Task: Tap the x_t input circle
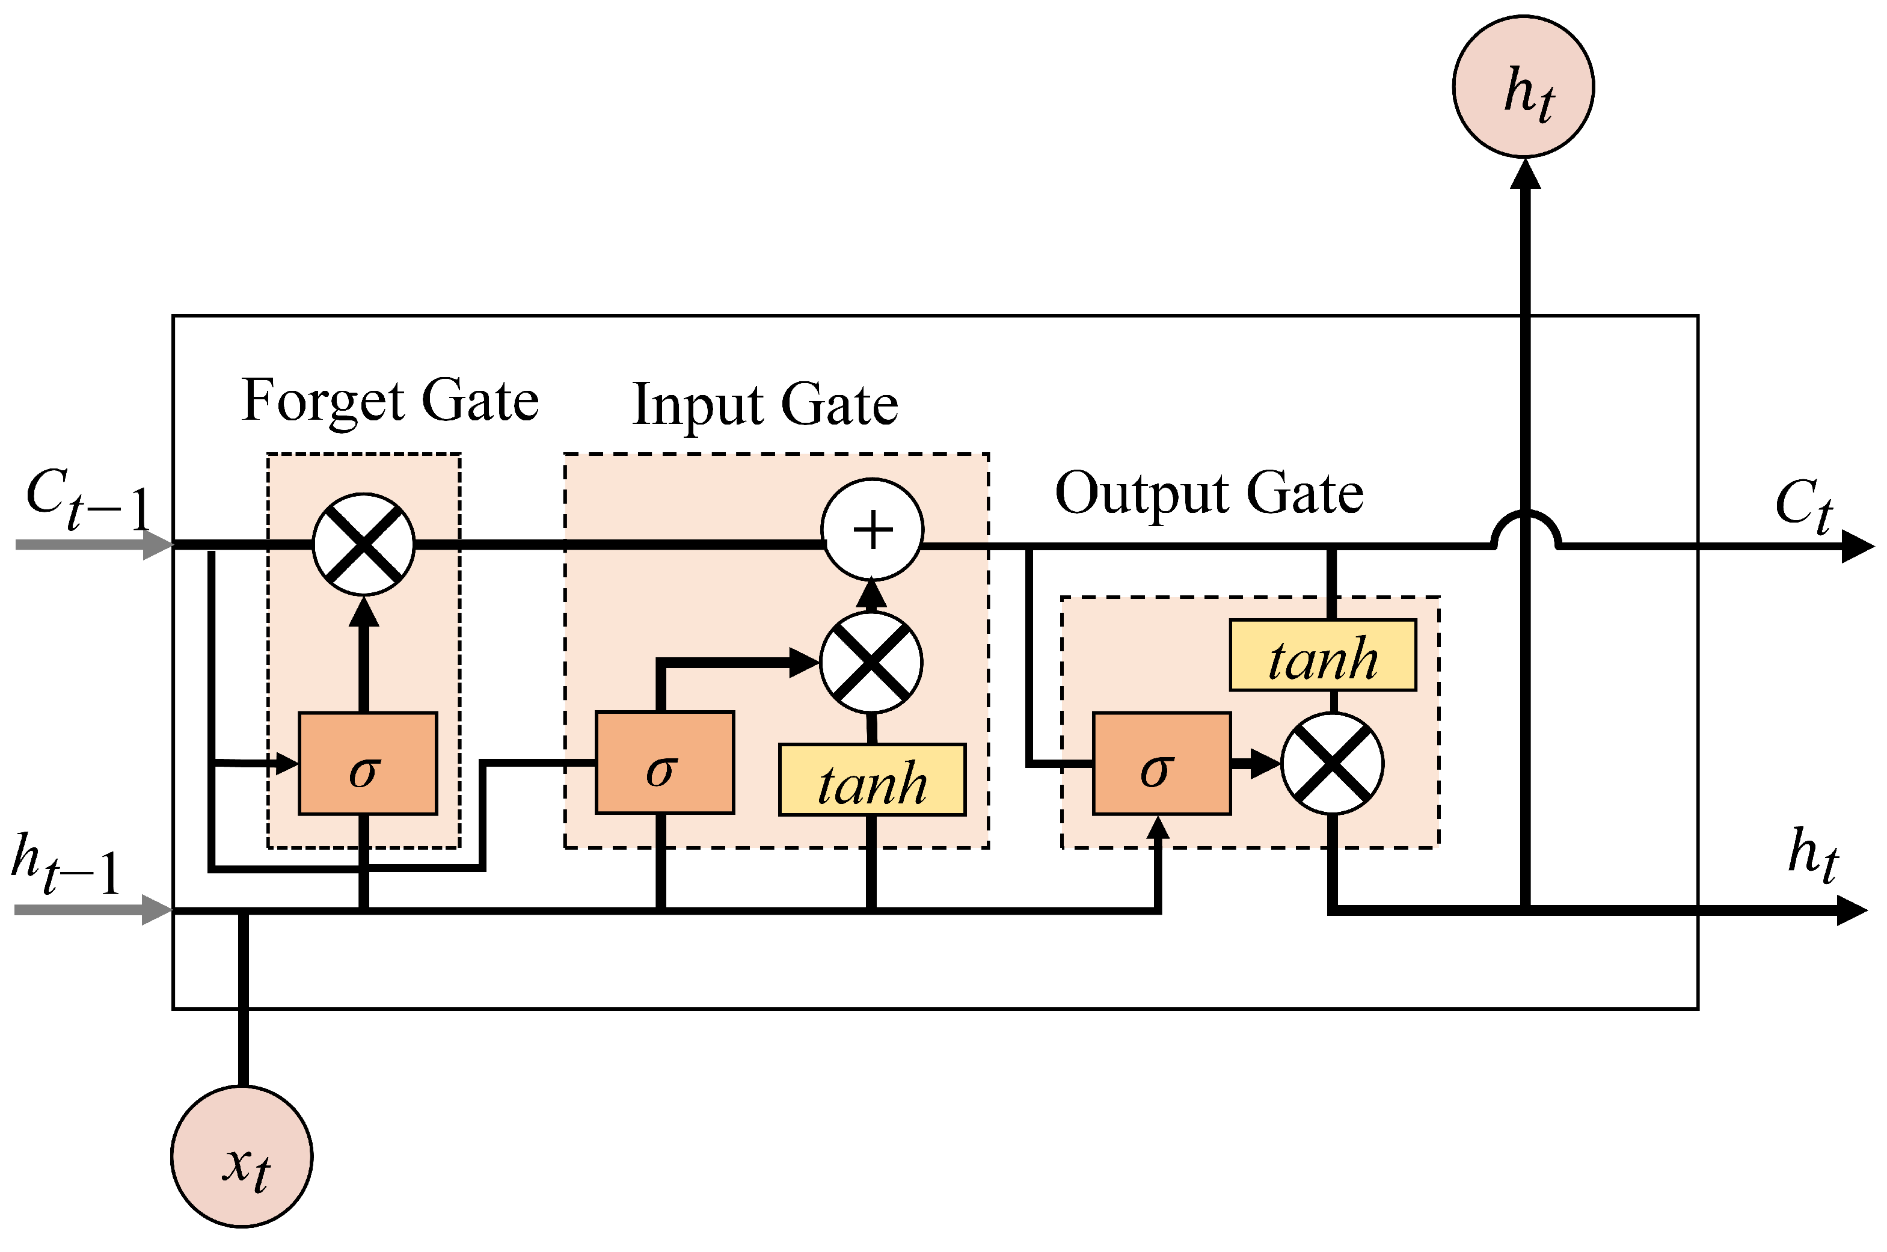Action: click(x=242, y=1156)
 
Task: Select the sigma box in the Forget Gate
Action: click(x=367, y=763)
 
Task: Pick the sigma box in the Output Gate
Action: click(x=1161, y=763)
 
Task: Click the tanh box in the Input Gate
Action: click(x=872, y=779)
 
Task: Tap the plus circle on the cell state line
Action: click(x=873, y=529)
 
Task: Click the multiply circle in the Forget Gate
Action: click(x=363, y=545)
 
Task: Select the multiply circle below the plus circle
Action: click(x=872, y=662)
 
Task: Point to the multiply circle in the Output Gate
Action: click(x=1331, y=763)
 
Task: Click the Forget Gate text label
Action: click(x=390, y=401)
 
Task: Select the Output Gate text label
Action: click(x=1209, y=494)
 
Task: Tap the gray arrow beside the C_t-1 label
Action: click(x=92, y=545)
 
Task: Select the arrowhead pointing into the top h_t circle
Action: click(x=1524, y=174)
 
